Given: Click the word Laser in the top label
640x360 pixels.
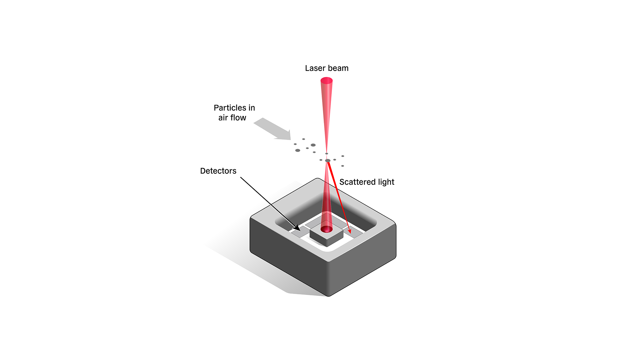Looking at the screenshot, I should [x=315, y=68].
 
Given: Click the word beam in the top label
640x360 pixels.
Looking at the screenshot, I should [x=338, y=68].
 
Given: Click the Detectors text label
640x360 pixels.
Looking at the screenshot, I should [x=218, y=171].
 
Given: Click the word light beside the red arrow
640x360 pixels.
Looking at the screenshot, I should [x=386, y=182].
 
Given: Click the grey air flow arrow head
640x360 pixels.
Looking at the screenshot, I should [x=285, y=135].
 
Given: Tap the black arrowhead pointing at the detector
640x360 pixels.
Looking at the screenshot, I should [x=297, y=227].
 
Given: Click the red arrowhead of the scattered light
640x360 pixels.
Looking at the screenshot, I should [x=349, y=231].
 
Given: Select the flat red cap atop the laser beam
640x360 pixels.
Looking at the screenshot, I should [x=327, y=81].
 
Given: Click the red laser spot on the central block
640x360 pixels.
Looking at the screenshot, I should [x=326, y=229].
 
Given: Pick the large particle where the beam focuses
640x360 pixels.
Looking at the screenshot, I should [x=328, y=161].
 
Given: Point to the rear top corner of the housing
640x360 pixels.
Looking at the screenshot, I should [x=317, y=179].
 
